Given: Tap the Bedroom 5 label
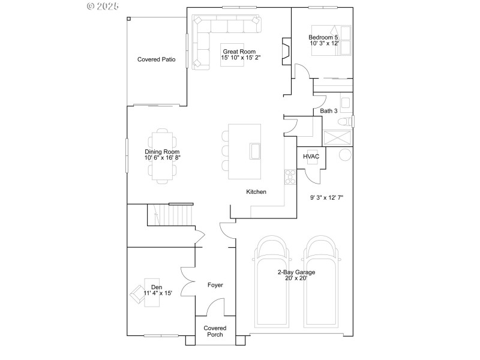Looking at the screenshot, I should [324, 40].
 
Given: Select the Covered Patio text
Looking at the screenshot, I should [156, 59].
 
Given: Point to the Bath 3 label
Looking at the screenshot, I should [328, 111].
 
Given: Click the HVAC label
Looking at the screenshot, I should [311, 157].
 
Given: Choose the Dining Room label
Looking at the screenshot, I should [162, 155].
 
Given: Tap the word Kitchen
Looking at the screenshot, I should [256, 192].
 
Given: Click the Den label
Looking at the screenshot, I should [157, 290].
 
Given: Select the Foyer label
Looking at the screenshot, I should [215, 285].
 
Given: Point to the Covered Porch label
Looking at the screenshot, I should [215, 331].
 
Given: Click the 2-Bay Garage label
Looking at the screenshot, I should [296, 275].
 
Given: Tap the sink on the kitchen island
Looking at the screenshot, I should [254, 151].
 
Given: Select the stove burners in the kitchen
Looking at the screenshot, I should [290, 177].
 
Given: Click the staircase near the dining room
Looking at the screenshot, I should [172, 214].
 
